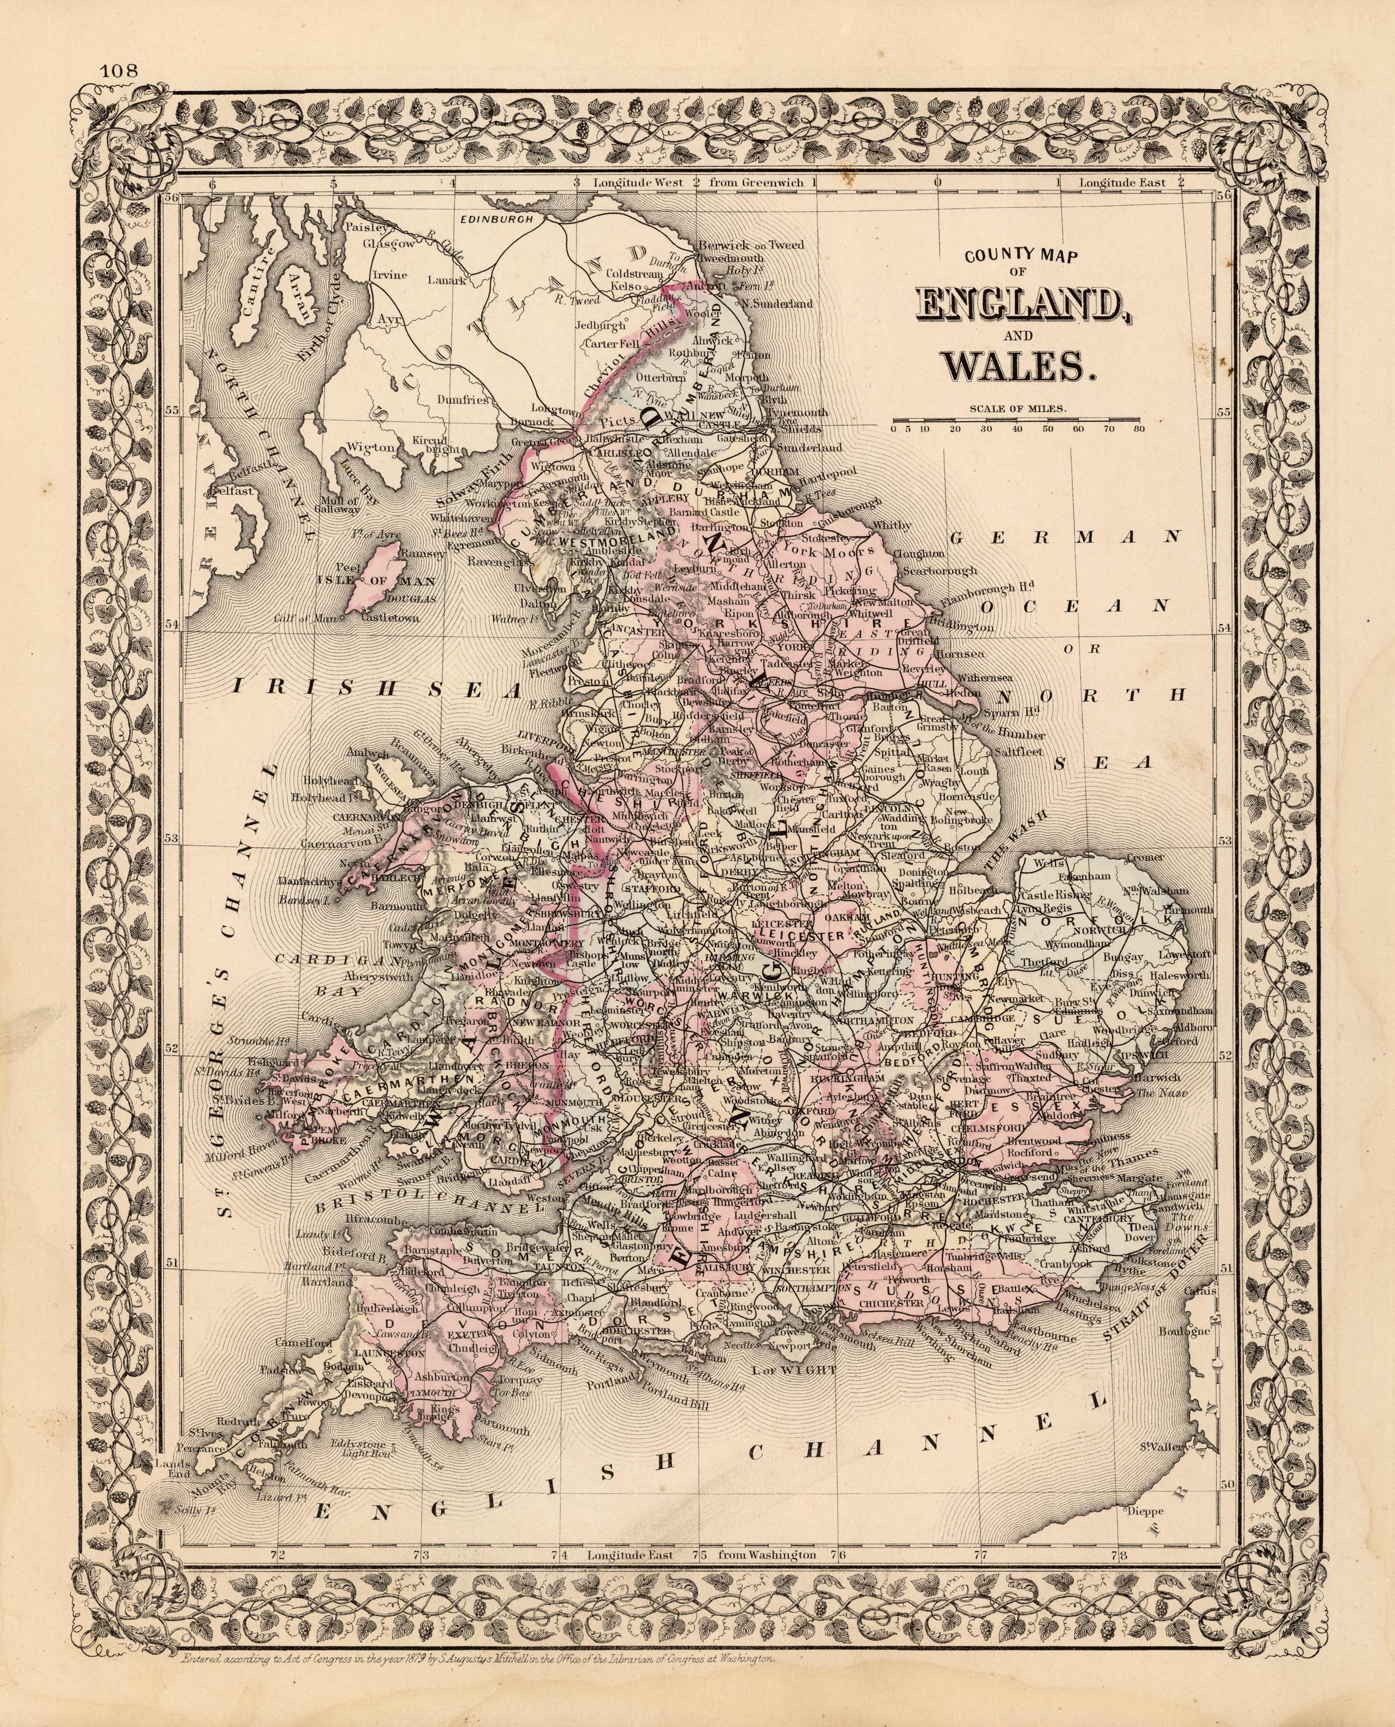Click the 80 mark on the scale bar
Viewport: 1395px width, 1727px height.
pos(1138,430)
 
